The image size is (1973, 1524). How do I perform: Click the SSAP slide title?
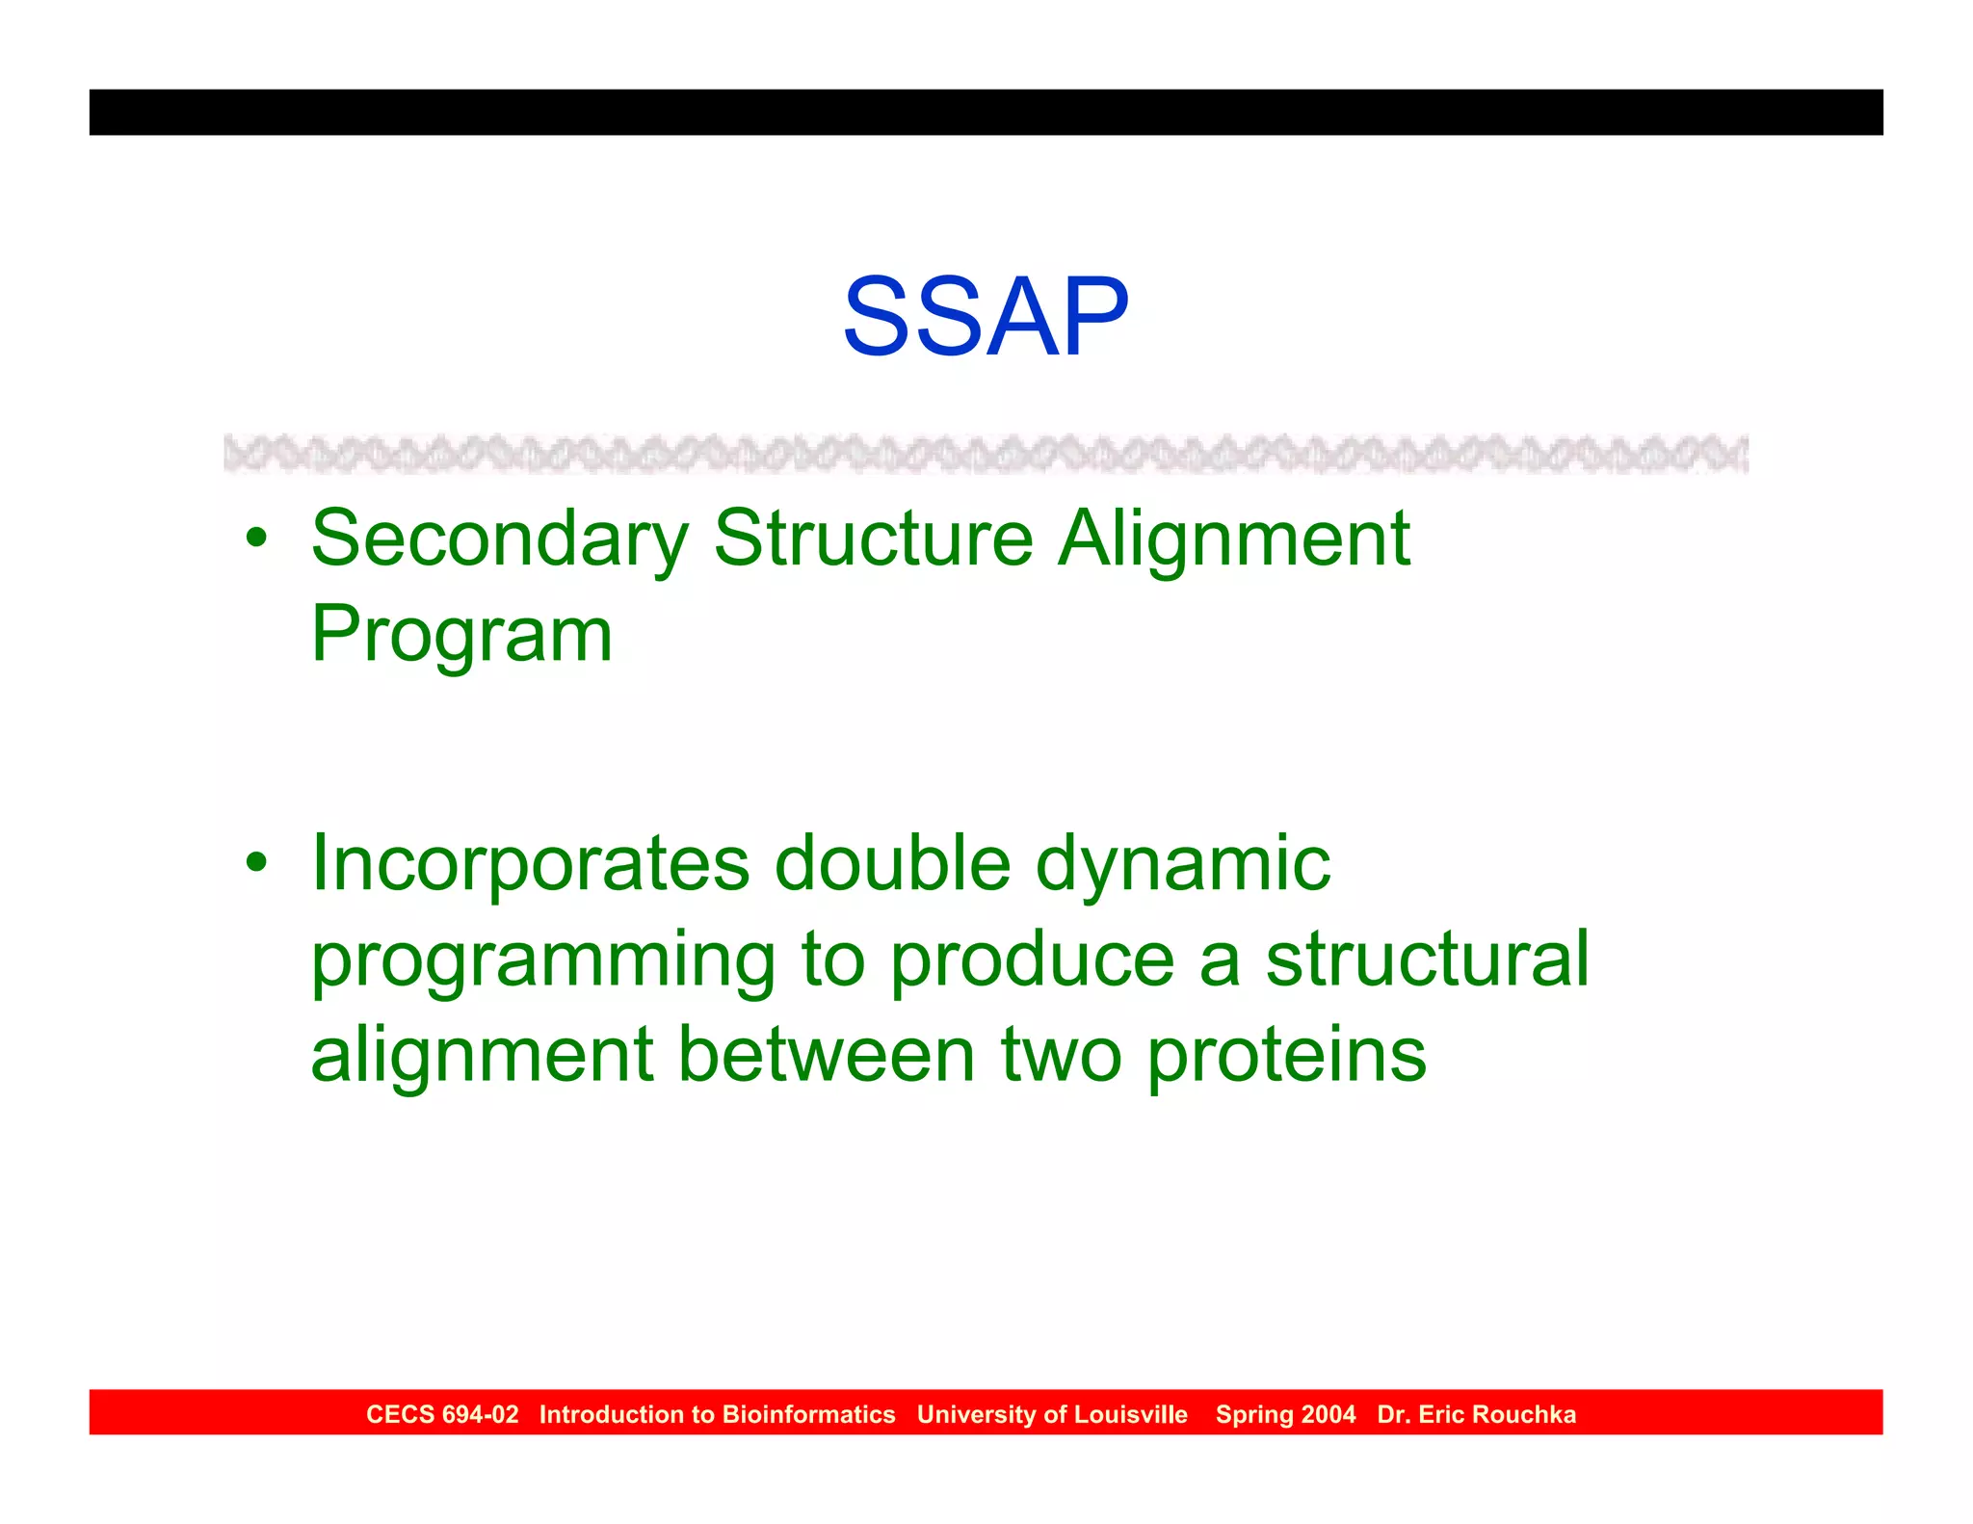[986, 317]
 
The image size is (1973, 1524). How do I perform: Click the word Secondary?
[500, 539]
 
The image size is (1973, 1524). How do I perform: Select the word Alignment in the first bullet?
[1234, 539]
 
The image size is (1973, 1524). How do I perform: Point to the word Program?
[461, 636]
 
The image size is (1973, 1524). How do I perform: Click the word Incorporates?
[530, 864]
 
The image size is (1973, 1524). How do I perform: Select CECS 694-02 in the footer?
[442, 1414]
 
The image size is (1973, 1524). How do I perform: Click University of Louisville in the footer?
[1052, 1414]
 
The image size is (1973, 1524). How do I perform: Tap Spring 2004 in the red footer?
[1285, 1414]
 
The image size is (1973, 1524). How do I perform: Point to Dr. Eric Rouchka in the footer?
[1476, 1414]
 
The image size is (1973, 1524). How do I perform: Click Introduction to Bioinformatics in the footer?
[717, 1414]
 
